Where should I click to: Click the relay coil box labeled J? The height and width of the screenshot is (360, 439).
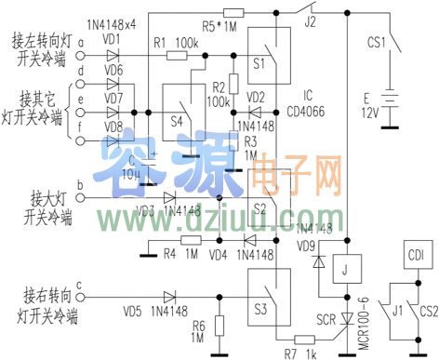[347, 271]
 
